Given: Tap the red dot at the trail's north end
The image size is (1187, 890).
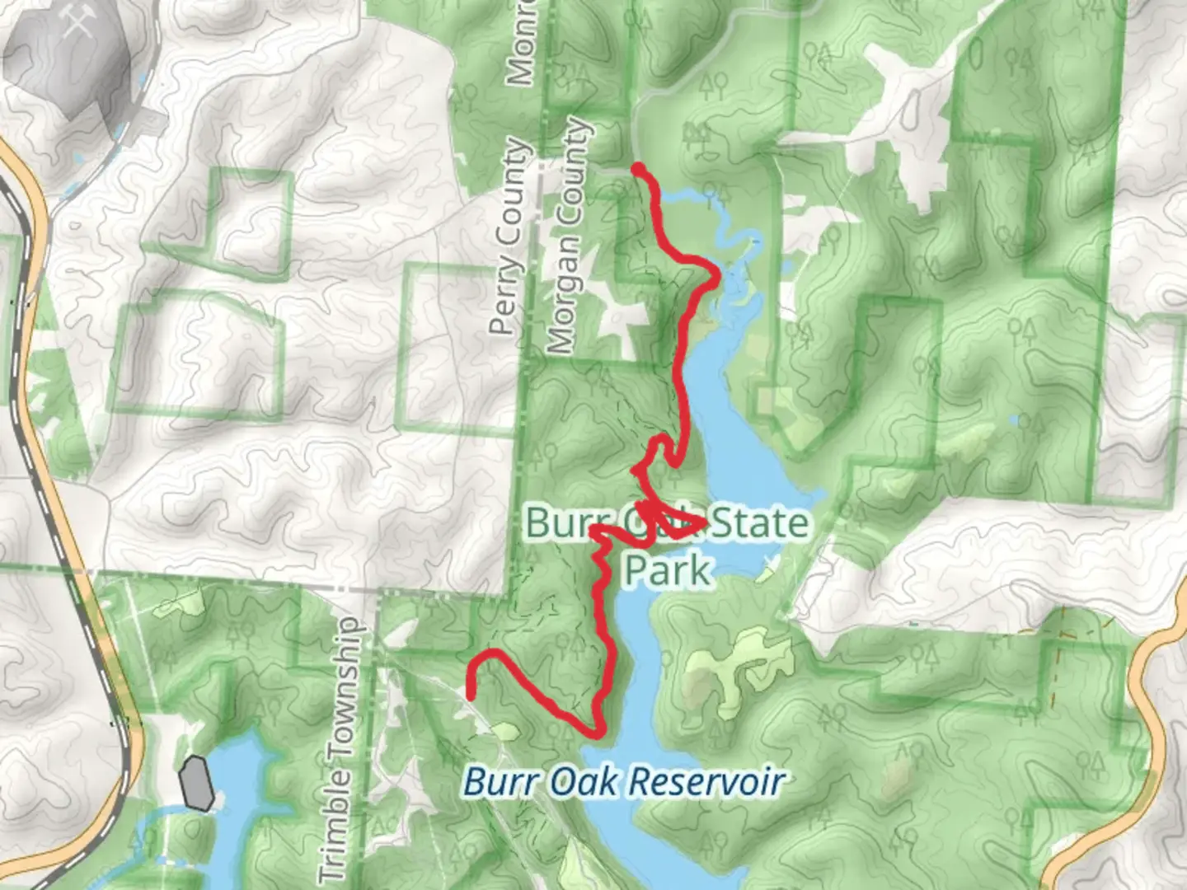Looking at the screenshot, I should tap(638, 169).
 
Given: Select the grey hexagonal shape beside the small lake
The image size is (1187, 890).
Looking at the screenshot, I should tap(197, 783).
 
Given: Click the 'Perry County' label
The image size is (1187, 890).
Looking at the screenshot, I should tap(509, 237).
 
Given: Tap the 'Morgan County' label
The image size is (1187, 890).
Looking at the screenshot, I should tap(570, 237).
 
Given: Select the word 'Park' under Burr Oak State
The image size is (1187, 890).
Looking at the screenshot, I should tap(667, 570).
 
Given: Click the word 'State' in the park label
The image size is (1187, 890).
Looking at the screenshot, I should tap(758, 523).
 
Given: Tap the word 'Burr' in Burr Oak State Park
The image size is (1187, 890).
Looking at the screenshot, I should tap(561, 522).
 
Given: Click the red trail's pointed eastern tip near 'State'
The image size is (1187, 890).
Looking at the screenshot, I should tap(705, 522).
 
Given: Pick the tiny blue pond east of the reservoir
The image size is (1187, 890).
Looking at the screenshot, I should tap(1022, 421).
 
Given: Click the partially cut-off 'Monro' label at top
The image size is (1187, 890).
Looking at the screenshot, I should tap(522, 41).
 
